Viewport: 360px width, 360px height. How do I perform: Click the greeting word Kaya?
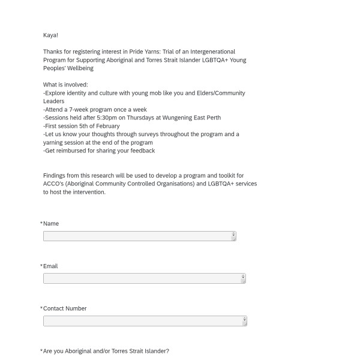pyautogui.click(x=50, y=35)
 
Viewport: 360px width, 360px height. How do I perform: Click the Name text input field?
pyautogui.click(x=139, y=236)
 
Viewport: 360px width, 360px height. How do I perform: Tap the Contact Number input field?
pyautogui.click(x=145, y=321)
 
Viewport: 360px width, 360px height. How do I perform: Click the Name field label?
pyautogui.click(x=51, y=224)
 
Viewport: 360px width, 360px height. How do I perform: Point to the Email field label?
pyautogui.click(x=50, y=266)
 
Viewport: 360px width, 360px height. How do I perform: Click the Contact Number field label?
pyautogui.click(x=65, y=308)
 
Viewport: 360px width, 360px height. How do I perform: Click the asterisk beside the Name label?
pyautogui.click(x=41, y=224)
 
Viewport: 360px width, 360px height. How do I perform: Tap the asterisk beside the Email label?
pyautogui.click(x=41, y=266)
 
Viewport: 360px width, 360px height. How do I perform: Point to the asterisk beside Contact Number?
pyautogui.click(x=41, y=308)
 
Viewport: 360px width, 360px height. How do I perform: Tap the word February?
pyautogui.click(x=106, y=126)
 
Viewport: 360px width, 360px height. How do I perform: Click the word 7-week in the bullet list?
pyautogui.click(x=80, y=110)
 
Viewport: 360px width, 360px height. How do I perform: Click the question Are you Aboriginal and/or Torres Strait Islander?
pyautogui.click(x=106, y=351)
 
